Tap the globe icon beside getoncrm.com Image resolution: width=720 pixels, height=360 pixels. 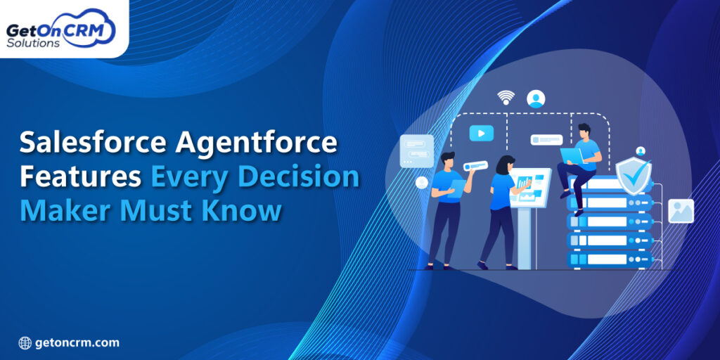(x=25, y=343)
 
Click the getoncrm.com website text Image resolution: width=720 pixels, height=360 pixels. (x=79, y=343)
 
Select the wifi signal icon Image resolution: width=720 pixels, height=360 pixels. (x=506, y=97)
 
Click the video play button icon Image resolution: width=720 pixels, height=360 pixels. (x=482, y=133)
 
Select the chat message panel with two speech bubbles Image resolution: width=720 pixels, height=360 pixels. (x=416, y=150)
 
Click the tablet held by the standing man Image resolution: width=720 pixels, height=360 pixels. (x=457, y=187)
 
